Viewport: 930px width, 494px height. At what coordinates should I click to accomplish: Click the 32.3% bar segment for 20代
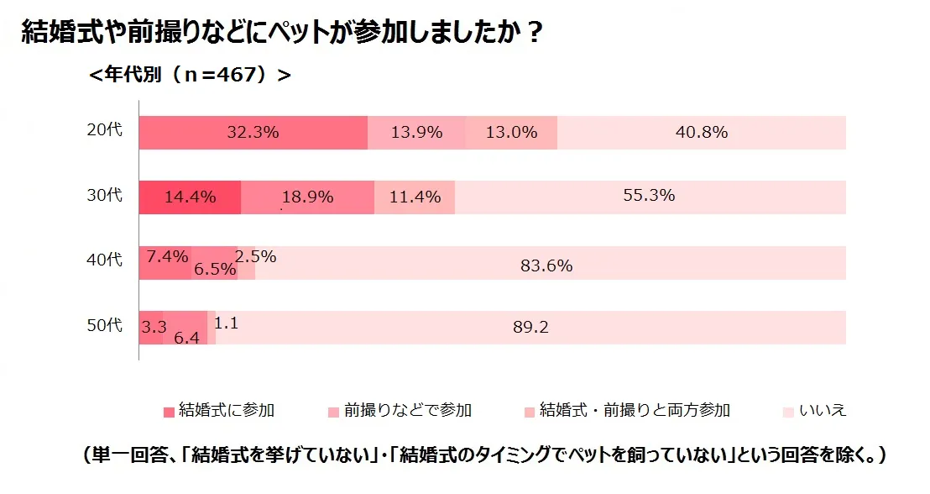253,132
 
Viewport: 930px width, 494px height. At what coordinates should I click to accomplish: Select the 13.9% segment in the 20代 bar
416,132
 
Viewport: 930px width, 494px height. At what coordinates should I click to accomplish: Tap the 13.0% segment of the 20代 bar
511,132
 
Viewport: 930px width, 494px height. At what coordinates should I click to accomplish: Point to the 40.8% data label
702,132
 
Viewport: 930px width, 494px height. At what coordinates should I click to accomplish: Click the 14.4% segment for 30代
190,197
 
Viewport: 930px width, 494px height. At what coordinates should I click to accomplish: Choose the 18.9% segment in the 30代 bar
307,197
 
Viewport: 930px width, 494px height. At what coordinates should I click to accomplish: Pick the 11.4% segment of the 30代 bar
415,197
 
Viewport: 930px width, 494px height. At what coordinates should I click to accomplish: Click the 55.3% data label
649,196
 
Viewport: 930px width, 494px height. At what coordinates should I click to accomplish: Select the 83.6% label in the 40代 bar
546,266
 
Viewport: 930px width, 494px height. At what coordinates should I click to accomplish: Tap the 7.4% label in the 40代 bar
167,257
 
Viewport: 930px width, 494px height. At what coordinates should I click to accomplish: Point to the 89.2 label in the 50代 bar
530,328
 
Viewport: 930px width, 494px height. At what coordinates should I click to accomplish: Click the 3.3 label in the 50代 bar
153,328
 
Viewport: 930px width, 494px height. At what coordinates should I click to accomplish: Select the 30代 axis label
105,196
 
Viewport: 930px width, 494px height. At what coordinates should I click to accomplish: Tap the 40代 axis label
105,260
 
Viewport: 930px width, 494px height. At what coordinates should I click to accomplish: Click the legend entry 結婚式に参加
220,411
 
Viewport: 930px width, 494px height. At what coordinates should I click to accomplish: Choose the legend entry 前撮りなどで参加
400,411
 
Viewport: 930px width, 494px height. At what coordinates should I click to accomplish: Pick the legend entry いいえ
814,411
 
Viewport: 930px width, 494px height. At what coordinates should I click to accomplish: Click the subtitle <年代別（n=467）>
190,76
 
